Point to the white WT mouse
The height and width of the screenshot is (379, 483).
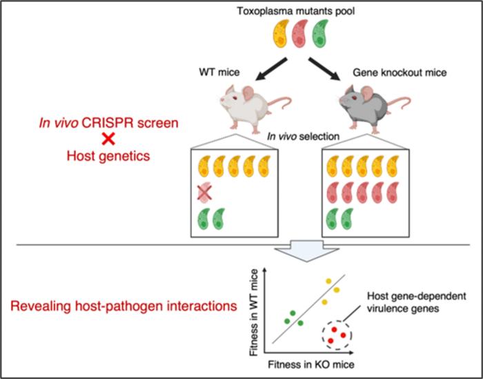pyautogui.click(x=226, y=110)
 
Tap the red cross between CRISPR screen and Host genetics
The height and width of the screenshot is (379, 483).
pyautogui.click(x=108, y=138)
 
